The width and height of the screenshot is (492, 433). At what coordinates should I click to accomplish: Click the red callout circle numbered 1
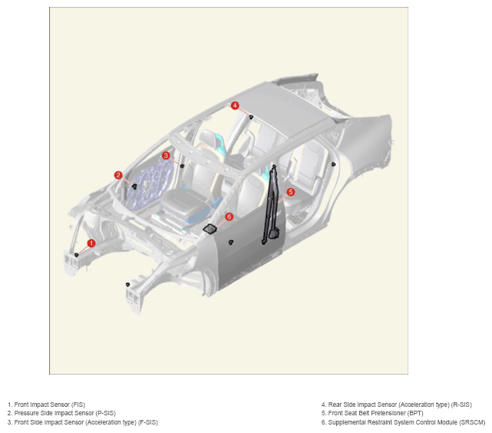tap(91, 243)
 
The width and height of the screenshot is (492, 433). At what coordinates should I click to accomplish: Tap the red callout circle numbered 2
tap(118, 175)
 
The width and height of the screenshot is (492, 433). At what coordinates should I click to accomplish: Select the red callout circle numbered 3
tap(166, 155)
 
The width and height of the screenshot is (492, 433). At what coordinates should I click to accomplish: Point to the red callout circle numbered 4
tap(235, 105)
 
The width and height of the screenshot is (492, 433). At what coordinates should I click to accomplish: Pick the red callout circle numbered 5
tap(291, 192)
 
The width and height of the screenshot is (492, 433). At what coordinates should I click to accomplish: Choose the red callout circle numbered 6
tap(229, 217)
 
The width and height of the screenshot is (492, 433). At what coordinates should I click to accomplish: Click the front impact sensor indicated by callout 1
tap(76, 255)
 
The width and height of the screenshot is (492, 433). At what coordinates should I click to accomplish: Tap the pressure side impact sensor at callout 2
tap(134, 186)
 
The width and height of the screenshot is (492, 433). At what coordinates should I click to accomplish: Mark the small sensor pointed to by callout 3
tap(182, 165)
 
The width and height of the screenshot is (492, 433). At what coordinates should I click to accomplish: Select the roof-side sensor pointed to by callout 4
tap(251, 118)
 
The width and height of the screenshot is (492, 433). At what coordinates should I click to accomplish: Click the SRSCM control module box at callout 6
tap(210, 229)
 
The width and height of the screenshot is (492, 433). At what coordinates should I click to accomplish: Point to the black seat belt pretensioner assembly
tap(272, 205)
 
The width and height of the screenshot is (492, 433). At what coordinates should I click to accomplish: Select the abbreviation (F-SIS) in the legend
tap(148, 422)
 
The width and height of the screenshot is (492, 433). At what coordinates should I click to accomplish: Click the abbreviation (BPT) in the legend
tap(416, 413)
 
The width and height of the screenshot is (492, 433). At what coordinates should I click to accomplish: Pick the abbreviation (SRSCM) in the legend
tap(472, 422)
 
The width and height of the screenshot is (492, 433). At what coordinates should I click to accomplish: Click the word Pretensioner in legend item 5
tap(390, 413)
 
